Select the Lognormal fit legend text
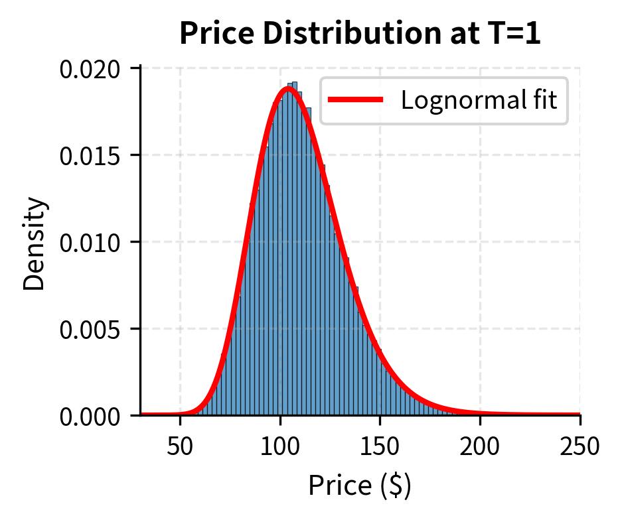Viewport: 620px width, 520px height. (479, 100)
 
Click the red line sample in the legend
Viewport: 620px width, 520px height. (356, 100)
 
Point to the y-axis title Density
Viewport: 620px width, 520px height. (35, 243)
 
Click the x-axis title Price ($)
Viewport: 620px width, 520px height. (360, 486)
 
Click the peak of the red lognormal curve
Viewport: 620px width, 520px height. (287, 88)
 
